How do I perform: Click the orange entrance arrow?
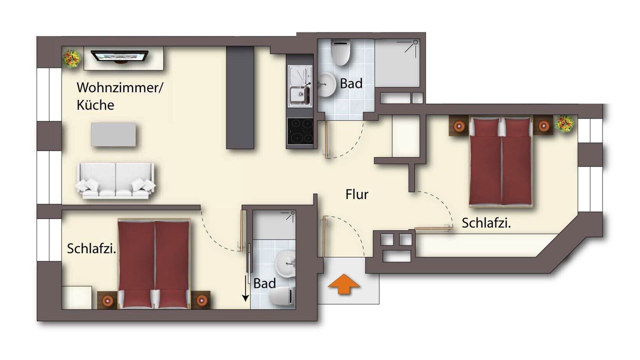(x=343, y=283)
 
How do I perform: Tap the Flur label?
(x=357, y=194)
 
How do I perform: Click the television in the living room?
(x=119, y=56)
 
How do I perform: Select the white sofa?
(x=115, y=181)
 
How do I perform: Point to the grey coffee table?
(x=113, y=134)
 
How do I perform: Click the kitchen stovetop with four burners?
(x=300, y=131)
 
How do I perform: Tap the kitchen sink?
(x=299, y=86)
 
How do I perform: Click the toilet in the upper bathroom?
(x=340, y=52)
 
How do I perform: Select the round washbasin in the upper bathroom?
(x=326, y=84)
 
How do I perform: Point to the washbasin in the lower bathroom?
(x=285, y=263)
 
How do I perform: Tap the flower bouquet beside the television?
(x=71, y=58)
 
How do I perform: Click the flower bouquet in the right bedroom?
(x=564, y=123)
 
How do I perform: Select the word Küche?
(x=95, y=105)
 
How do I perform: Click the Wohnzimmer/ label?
(x=119, y=87)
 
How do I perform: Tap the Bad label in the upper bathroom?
(x=351, y=83)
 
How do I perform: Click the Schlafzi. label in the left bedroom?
(x=91, y=248)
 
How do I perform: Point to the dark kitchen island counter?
(x=240, y=97)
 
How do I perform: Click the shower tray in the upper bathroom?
(x=397, y=63)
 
